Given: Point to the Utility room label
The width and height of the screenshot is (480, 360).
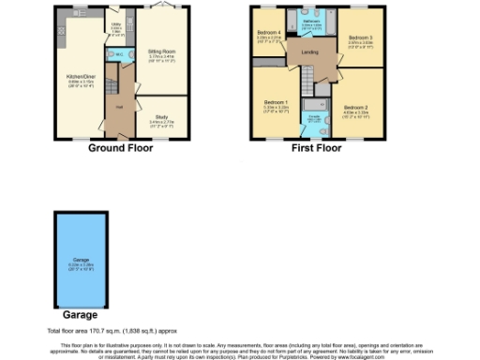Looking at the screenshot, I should (117, 24).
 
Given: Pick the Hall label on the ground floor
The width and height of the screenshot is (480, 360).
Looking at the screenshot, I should (119, 106).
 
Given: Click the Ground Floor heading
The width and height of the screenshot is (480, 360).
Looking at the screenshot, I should (122, 148).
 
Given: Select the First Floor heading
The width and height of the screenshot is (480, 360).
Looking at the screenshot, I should (316, 148).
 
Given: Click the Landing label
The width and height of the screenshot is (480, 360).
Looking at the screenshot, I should (308, 53).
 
